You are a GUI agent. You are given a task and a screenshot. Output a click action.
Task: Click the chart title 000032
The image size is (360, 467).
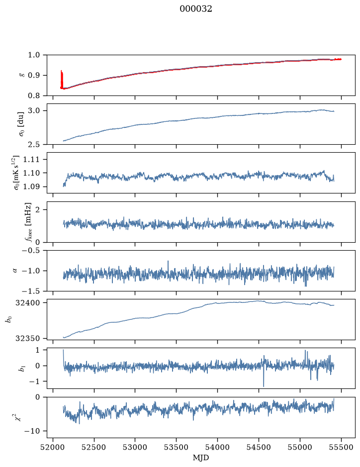point(195,9)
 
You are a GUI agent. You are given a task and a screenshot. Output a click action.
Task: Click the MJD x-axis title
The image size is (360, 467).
point(201,458)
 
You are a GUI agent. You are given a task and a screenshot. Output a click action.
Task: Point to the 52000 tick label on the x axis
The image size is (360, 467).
point(53,447)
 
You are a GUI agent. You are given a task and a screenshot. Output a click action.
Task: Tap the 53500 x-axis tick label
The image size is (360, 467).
point(177,447)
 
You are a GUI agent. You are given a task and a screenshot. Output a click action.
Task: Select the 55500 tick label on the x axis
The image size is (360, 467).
point(341,447)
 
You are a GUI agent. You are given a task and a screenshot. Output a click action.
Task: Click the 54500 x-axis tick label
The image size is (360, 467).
point(259,447)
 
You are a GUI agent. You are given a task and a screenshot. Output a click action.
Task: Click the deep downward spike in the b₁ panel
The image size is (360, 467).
point(264,376)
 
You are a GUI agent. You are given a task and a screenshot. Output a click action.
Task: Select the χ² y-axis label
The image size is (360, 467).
point(19,417)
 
